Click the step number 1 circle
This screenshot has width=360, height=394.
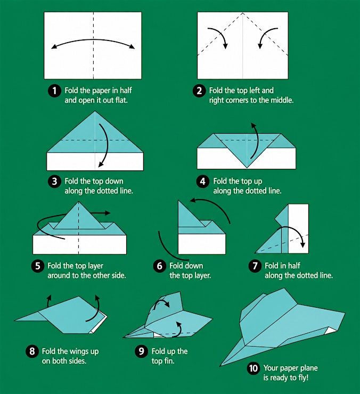(x=54, y=91)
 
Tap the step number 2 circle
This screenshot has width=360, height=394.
(x=199, y=91)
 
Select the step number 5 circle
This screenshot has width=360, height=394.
(x=38, y=266)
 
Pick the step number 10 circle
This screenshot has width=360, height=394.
(x=253, y=368)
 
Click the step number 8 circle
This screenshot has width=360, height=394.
(x=32, y=351)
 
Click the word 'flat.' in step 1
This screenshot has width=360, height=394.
(x=121, y=100)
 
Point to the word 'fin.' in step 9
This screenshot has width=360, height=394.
(x=169, y=361)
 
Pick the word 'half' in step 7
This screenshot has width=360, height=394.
(x=294, y=266)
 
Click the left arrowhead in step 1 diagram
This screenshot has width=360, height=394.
(x=54, y=46)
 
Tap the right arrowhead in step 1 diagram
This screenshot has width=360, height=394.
(x=132, y=46)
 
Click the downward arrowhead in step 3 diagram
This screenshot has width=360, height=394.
(x=101, y=164)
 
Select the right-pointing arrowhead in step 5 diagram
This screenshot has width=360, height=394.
(x=108, y=213)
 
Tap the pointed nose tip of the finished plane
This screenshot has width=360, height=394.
(x=220, y=366)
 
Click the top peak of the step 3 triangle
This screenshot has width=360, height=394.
(x=95, y=111)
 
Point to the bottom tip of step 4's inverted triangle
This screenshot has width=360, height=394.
(x=247, y=168)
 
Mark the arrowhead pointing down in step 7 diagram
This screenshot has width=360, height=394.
(x=303, y=244)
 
